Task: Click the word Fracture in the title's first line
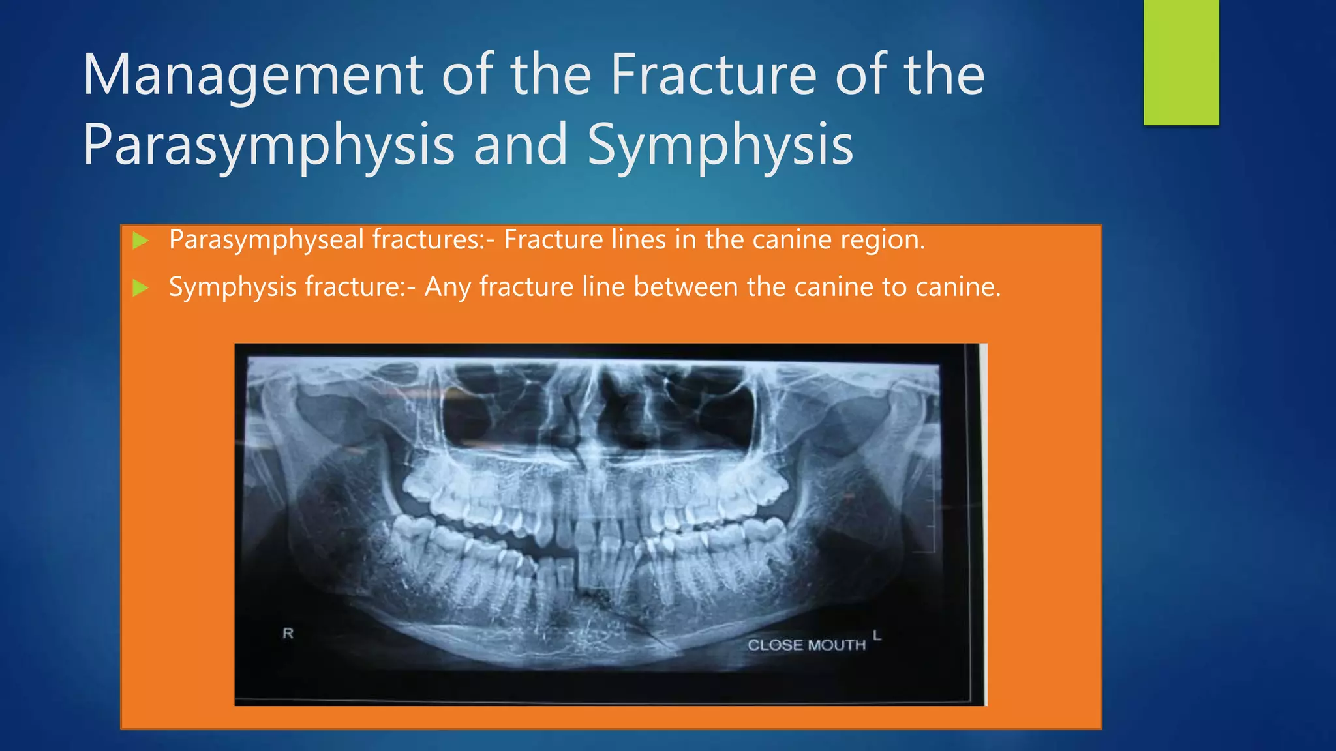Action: pos(713,75)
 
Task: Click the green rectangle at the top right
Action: pos(1181,62)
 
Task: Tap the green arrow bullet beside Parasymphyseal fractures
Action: pos(140,241)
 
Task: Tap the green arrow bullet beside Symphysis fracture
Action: pos(140,287)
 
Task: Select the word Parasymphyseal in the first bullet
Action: pos(266,241)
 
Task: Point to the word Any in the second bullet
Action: pos(448,287)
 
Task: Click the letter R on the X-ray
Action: pos(288,633)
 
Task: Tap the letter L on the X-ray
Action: pos(877,635)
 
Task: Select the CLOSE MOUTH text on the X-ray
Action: pos(806,645)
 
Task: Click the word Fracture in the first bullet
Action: pos(553,241)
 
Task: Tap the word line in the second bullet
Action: pos(603,287)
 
